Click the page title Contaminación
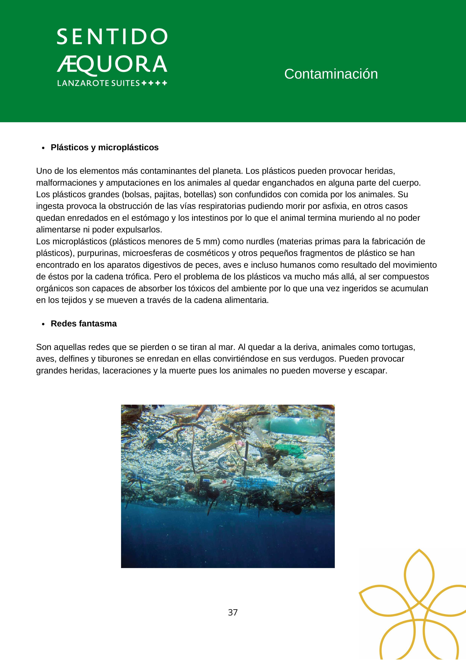pos(331,74)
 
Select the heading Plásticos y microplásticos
pos(105,147)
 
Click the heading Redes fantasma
pos(84,324)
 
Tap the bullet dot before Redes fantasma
pos(43,324)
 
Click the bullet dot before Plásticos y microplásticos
pos(43,148)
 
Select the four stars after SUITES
pos(154,83)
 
